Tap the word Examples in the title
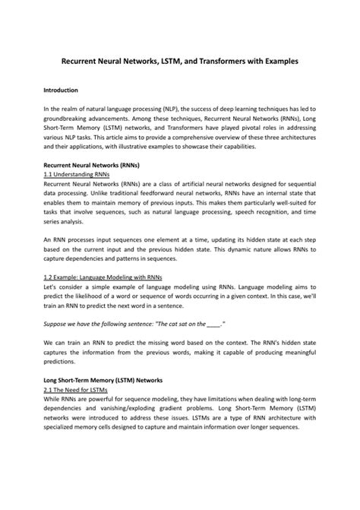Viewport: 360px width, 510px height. click(280, 59)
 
